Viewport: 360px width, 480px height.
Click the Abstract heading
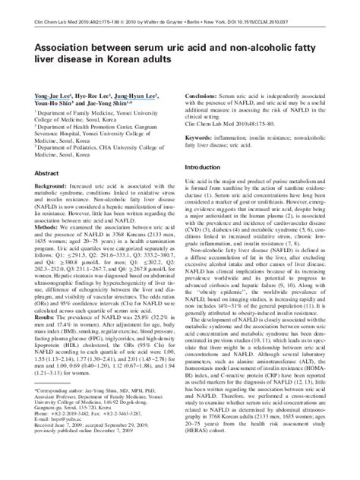point(48,173)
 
